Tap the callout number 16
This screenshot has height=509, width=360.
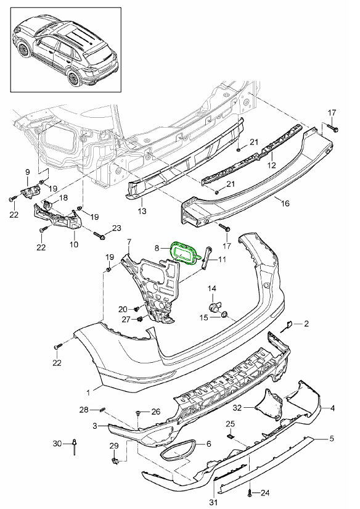[285, 202]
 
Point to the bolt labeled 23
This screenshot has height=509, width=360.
[99, 235]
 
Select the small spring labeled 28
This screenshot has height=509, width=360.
[103, 410]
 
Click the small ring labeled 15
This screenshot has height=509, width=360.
[225, 316]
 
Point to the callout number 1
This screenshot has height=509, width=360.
[89, 391]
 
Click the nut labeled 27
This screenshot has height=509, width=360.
[141, 319]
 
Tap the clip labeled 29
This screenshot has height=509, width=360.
[115, 459]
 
